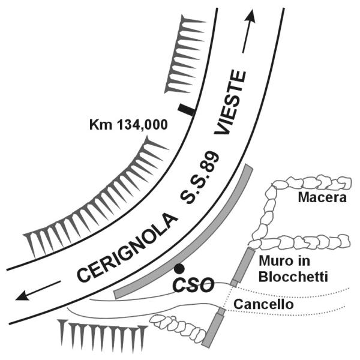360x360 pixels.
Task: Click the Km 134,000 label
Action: tap(128, 125)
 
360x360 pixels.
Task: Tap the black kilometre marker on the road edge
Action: tap(186, 110)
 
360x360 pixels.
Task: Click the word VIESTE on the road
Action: tap(230, 103)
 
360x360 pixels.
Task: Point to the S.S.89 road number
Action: tap(199, 177)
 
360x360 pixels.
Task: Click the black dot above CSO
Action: tap(179, 269)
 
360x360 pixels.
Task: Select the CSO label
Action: tap(193, 286)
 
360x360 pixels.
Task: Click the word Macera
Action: tap(322, 197)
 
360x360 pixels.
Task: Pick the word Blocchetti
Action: tap(293, 277)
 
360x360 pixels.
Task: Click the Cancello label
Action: tap(263, 304)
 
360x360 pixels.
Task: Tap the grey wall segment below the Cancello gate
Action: tap(213, 331)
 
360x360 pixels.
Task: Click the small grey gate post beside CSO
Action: tap(234, 283)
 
